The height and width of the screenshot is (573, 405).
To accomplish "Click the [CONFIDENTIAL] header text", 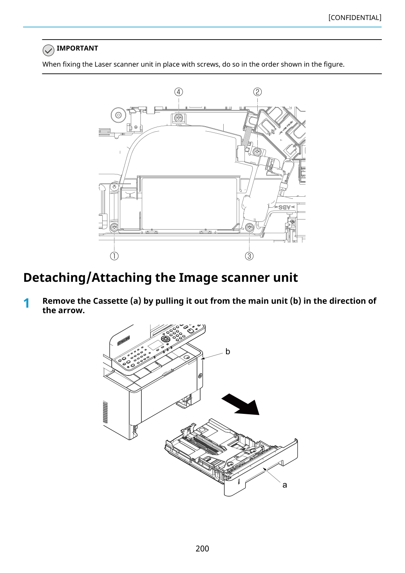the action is click(x=354, y=18).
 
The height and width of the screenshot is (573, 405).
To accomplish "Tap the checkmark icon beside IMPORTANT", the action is click(x=48, y=50).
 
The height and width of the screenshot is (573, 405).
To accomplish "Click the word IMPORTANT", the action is click(x=77, y=48).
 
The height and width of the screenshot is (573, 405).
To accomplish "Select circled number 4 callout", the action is click(x=179, y=92).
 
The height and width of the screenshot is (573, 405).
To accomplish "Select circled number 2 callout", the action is click(x=257, y=92).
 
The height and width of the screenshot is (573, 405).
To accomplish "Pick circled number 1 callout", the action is click(x=114, y=256).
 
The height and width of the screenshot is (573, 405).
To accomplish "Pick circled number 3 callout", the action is click(x=249, y=256).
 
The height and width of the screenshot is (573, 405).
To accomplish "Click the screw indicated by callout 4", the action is click(x=179, y=118).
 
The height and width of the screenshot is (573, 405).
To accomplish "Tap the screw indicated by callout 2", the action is click(x=257, y=152).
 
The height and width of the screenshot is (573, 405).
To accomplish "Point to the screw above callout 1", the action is click(x=114, y=227).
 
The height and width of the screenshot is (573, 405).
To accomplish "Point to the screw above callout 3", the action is click(x=249, y=227).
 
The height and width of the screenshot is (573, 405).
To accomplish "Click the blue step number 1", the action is click(x=26, y=303).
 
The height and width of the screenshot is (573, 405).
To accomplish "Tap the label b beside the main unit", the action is click(x=228, y=352).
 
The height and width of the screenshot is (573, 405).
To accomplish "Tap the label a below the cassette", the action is click(x=285, y=485).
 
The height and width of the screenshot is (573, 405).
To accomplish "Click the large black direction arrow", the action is click(x=240, y=404).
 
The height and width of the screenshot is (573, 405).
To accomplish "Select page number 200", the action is click(x=202, y=549).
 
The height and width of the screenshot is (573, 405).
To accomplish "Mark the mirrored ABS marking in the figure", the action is click(x=285, y=207).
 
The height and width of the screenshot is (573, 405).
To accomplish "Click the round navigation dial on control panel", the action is click(x=165, y=339).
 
